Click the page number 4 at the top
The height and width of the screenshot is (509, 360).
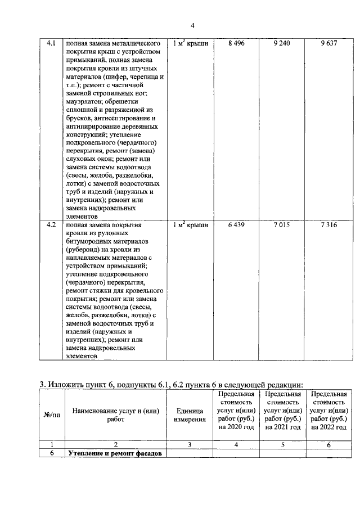pos(192,25)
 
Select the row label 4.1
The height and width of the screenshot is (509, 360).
pos(51,43)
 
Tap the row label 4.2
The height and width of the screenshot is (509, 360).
pos(51,225)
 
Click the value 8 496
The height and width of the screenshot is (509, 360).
pos(237,43)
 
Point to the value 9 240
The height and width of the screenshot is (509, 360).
pos(282,43)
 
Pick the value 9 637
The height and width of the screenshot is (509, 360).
pos(328,43)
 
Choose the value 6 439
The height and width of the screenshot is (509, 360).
pos(237,225)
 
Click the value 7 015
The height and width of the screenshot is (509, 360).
pos(282,225)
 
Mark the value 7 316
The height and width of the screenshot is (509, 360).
pos(328,225)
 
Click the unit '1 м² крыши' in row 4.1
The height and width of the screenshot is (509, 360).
pos(190,43)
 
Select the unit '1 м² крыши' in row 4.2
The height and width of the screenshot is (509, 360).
pos(190,225)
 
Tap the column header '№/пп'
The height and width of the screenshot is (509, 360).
pos(51,415)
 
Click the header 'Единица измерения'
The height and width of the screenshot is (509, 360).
pos(190,415)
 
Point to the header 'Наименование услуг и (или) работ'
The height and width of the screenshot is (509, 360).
pos(115,415)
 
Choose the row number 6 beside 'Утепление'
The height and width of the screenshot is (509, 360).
pos(51,453)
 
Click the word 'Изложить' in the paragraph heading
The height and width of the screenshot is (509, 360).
pos(67,385)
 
